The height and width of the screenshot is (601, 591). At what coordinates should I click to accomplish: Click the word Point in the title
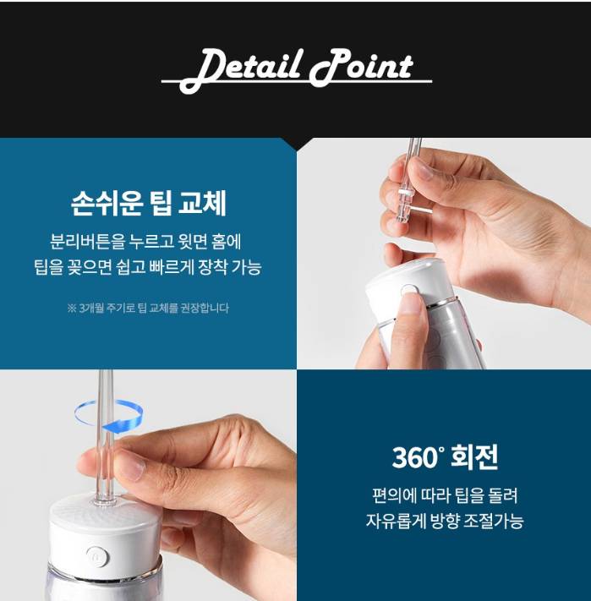(362, 68)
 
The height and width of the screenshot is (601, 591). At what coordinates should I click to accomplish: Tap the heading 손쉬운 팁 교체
(149, 203)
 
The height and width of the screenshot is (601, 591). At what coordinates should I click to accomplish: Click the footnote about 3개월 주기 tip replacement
(148, 308)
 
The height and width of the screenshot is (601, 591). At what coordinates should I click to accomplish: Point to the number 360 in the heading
(415, 457)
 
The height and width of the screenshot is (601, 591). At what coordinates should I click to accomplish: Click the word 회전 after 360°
(475, 457)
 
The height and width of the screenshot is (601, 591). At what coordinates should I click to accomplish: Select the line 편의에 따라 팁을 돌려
(445, 495)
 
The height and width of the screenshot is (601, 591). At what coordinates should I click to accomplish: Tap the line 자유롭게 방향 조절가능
(445, 521)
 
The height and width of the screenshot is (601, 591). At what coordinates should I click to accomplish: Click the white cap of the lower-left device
(103, 537)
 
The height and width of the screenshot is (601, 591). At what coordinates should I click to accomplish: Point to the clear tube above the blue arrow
(106, 385)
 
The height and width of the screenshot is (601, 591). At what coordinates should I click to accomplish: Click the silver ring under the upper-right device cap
(437, 303)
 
